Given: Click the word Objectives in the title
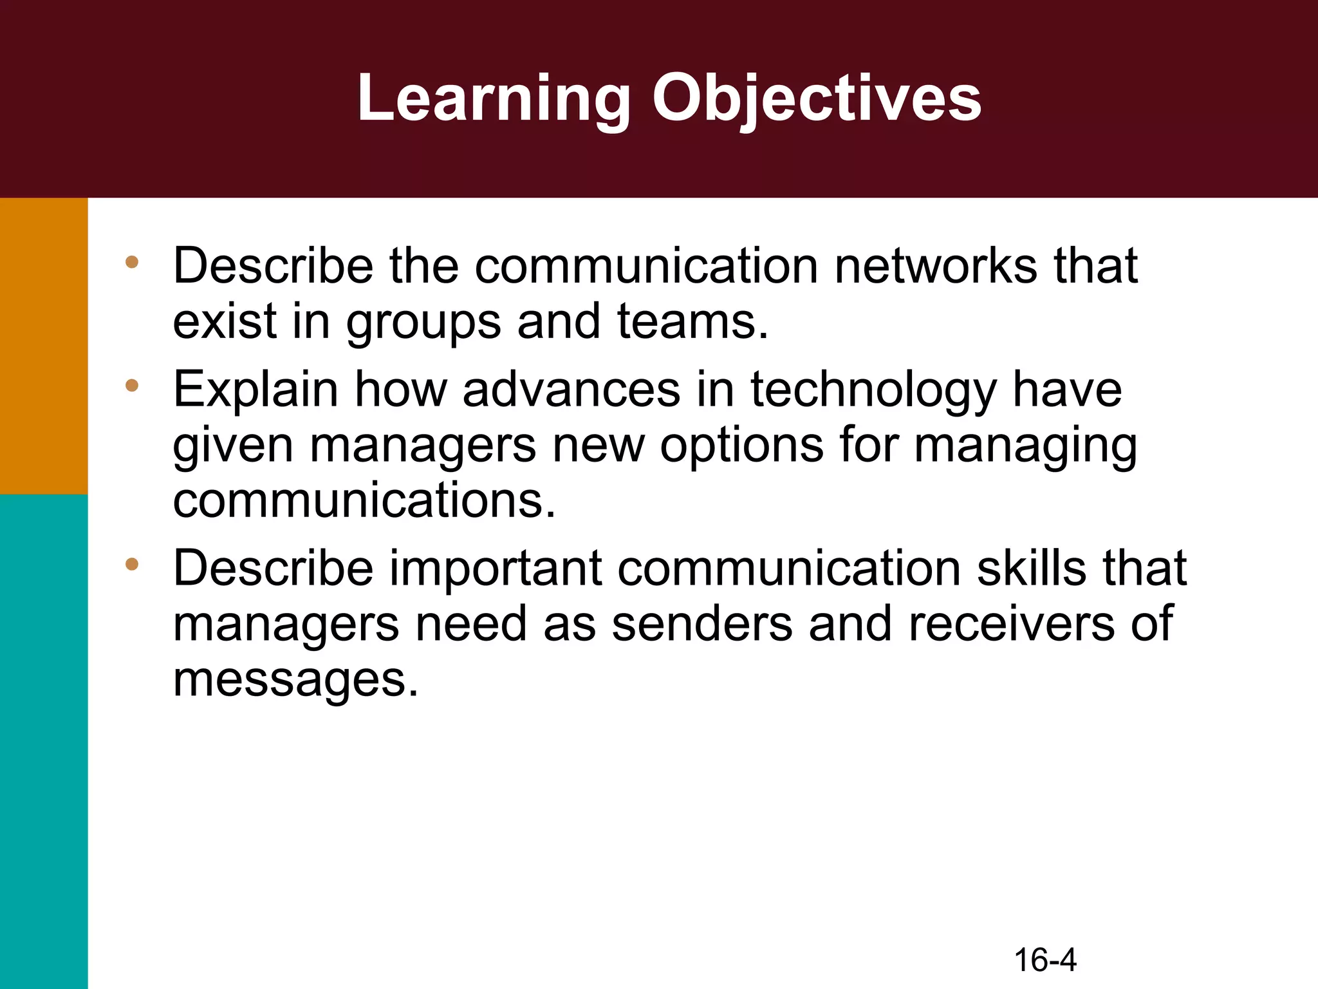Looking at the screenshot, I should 817,99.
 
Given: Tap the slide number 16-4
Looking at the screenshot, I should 1045,960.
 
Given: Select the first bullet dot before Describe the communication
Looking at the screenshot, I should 132,262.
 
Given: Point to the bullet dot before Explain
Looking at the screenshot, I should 132,386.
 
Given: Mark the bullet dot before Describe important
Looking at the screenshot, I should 132,565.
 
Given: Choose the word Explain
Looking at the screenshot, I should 255,390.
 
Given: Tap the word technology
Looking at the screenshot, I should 873,390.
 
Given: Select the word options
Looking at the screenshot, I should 741,445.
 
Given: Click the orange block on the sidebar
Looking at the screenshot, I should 44,346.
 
